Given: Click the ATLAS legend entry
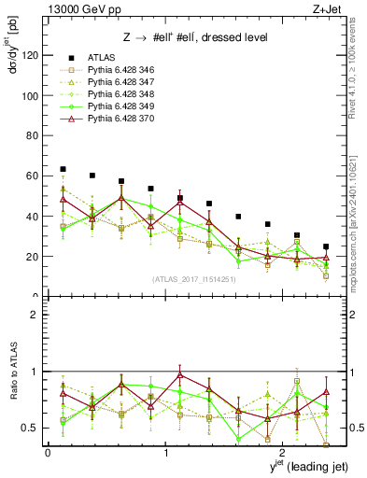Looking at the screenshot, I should [x=101, y=58].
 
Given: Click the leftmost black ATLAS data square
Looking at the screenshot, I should [x=63, y=169].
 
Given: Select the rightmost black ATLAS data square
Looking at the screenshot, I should [x=326, y=246].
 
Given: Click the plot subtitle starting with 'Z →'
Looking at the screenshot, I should [x=195, y=36].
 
